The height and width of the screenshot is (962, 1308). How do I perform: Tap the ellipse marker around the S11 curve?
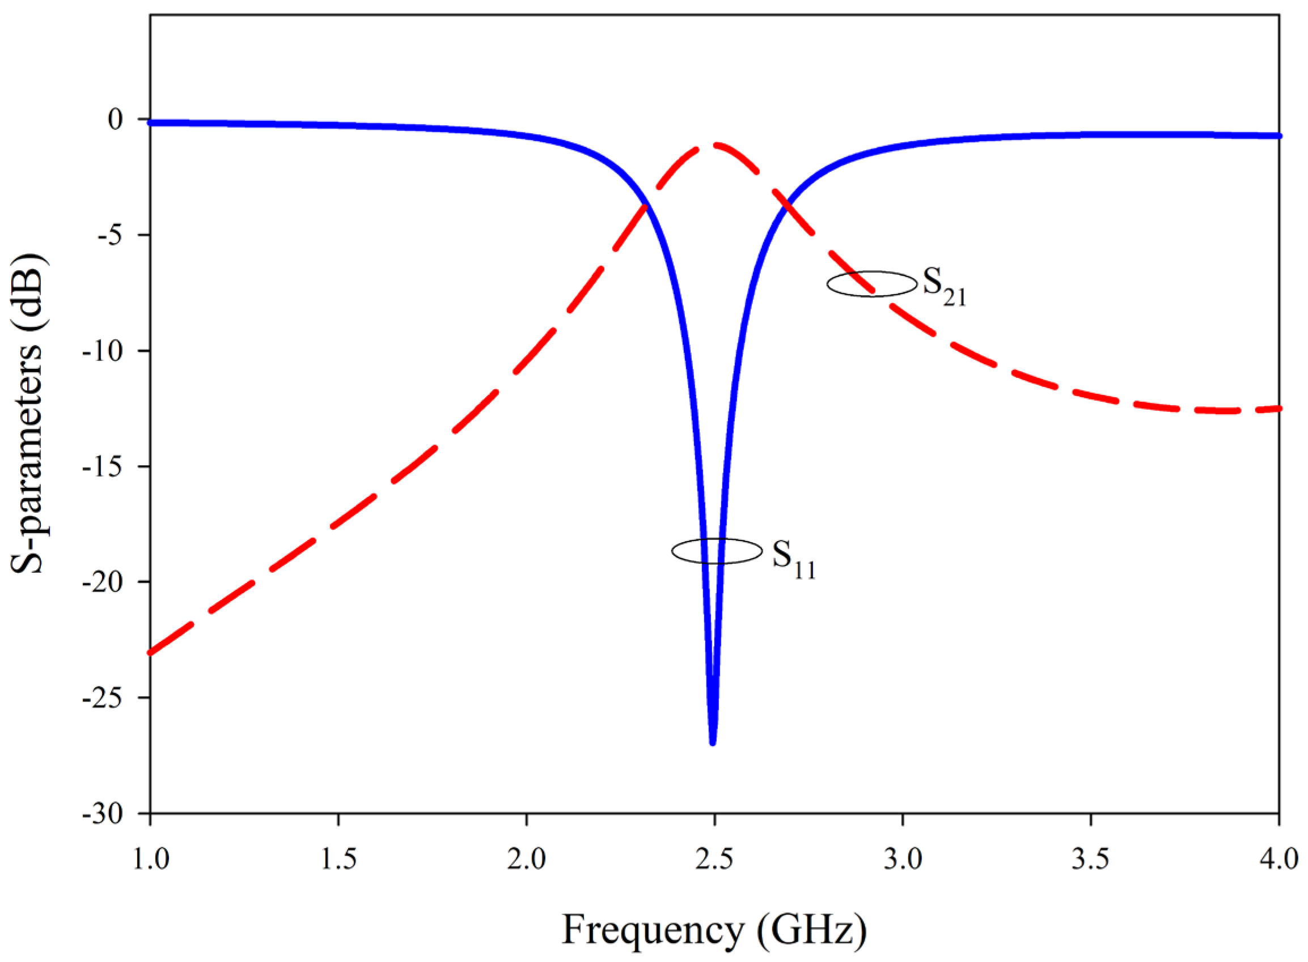pos(717,551)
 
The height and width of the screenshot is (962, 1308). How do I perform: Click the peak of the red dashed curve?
pos(713,144)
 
